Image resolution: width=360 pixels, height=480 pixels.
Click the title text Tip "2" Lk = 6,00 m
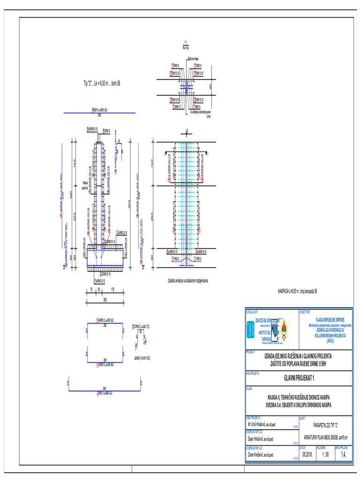(102, 83)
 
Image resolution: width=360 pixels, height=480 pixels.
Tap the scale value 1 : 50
(324, 455)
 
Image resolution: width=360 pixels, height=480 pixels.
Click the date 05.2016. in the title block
(307, 455)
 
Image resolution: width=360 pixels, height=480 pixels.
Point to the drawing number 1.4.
(344, 454)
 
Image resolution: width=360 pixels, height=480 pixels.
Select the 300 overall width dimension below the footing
(105, 299)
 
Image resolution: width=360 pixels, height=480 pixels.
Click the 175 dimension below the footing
(113, 290)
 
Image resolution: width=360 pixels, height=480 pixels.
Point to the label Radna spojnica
(85, 186)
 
